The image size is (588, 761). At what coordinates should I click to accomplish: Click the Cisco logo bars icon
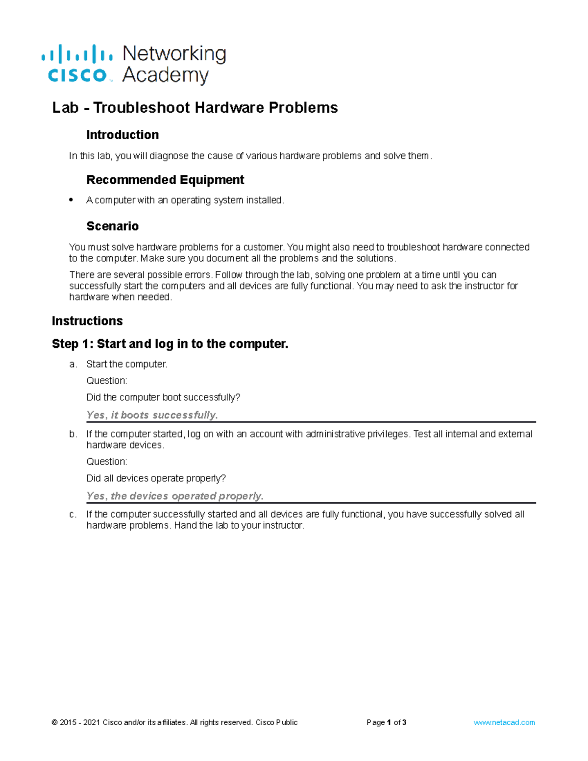[x=77, y=54]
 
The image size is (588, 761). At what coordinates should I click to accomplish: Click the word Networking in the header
[x=174, y=54]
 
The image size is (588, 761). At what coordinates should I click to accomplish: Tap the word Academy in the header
[x=165, y=75]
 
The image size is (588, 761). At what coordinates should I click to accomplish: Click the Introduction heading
[x=122, y=135]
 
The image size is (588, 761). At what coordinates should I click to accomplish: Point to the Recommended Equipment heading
[x=165, y=180]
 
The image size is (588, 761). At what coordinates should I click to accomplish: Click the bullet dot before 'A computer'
[x=72, y=199]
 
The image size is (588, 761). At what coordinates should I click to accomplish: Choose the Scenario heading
[x=112, y=226]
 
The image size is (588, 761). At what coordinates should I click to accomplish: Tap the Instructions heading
[x=87, y=321]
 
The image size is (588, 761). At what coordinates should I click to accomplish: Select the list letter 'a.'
[x=73, y=364]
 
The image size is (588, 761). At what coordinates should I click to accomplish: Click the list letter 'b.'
[x=73, y=434]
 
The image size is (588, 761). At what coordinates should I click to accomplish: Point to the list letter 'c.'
[x=73, y=515]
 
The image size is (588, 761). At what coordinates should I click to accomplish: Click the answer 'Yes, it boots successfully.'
[x=152, y=415]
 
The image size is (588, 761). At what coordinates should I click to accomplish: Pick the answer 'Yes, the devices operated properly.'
[x=175, y=496]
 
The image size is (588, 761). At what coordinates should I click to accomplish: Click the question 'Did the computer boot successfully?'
[x=163, y=397]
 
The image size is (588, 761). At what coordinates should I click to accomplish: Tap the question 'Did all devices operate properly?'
[x=156, y=478]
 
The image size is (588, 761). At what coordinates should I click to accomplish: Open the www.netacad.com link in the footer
[x=504, y=722]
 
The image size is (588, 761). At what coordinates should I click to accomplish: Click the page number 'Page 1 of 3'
[x=386, y=722]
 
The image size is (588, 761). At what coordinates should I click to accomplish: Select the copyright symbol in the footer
[x=54, y=722]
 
